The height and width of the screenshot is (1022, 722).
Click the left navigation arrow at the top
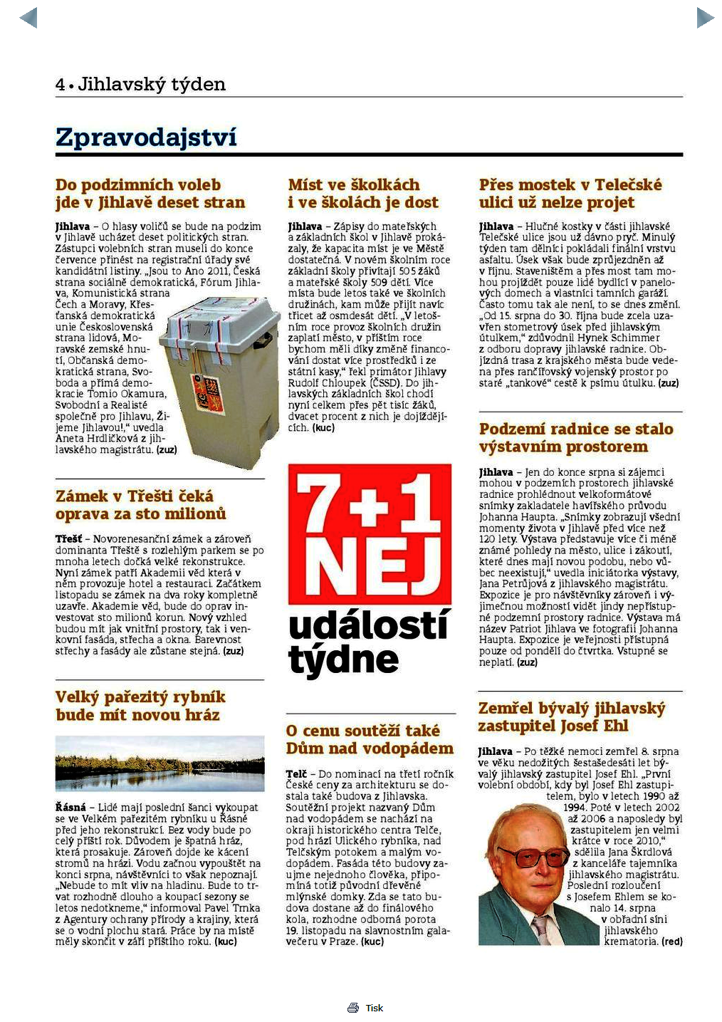[x=28, y=18]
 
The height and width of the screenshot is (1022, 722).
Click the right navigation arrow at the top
[x=704, y=18]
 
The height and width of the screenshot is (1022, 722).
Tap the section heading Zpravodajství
[x=146, y=137]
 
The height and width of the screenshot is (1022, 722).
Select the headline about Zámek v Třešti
[x=141, y=505]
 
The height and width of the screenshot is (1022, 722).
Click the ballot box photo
[x=221, y=381]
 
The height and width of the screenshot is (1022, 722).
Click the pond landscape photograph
[x=159, y=763]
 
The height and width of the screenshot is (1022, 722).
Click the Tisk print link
[x=374, y=1008]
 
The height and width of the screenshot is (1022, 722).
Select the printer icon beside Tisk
[x=353, y=1008]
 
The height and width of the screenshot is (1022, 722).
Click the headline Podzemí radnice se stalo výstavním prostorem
[x=575, y=437]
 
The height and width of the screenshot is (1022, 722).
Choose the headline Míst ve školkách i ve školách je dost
[x=363, y=194]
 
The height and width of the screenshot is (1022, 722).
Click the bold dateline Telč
[x=296, y=773]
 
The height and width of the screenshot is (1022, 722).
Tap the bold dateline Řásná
[x=70, y=808]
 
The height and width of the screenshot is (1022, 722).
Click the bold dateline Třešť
[x=68, y=539]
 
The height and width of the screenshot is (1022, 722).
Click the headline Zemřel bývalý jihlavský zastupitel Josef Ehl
[x=571, y=716]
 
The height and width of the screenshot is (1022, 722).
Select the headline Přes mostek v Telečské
[x=570, y=194]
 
